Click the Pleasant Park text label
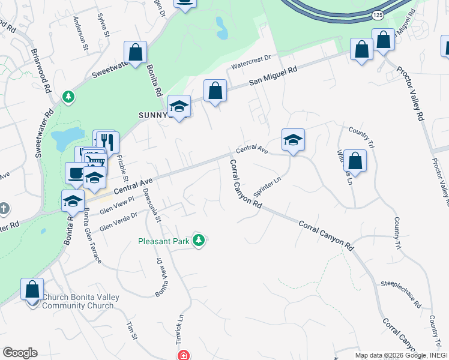(164, 241)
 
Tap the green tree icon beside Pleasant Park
(199, 241)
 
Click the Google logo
(20, 352)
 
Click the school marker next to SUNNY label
(179, 107)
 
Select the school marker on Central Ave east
(293, 140)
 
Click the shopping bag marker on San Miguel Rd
(215, 91)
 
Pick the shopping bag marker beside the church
(32, 289)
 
